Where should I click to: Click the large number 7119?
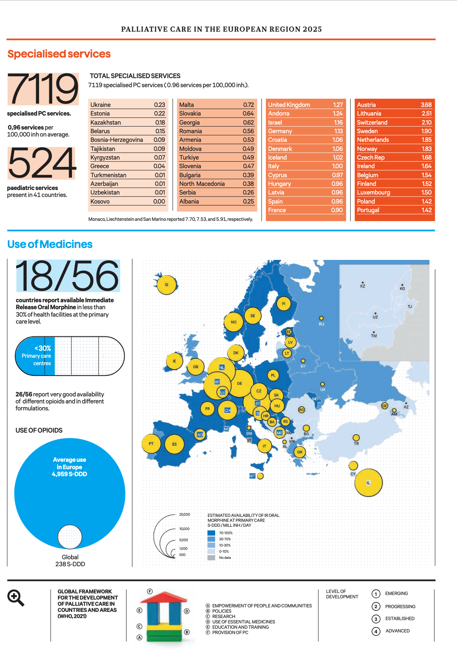(x=43, y=88)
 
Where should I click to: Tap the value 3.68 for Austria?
(x=426, y=105)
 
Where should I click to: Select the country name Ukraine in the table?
(x=101, y=105)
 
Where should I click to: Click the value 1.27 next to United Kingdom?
(x=338, y=105)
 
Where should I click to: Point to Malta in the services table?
(x=187, y=105)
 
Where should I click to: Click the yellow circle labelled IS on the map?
(x=167, y=284)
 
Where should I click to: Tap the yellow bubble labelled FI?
(x=284, y=304)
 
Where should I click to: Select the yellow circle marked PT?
(x=151, y=443)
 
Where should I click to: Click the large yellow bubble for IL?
(x=368, y=483)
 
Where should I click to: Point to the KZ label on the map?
(x=362, y=285)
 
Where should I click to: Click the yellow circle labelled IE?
(x=174, y=361)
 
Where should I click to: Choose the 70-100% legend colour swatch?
(x=211, y=533)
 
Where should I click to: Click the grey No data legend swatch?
(x=211, y=558)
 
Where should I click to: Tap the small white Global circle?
(x=70, y=537)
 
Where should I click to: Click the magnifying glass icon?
(x=16, y=598)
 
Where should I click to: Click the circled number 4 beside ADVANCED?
(x=376, y=631)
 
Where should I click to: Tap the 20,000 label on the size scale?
(x=185, y=514)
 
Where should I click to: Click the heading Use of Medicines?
(x=50, y=244)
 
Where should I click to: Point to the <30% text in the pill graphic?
(x=43, y=348)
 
